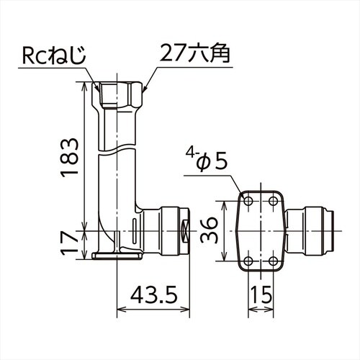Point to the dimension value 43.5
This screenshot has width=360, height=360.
click(x=153, y=296)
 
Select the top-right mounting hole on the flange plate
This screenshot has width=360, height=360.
click(x=274, y=202)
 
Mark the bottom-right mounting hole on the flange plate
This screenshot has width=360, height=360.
click(x=274, y=261)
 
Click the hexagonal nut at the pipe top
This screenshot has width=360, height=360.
click(x=119, y=94)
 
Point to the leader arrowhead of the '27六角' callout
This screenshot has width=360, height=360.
click(x=145, y=89)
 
